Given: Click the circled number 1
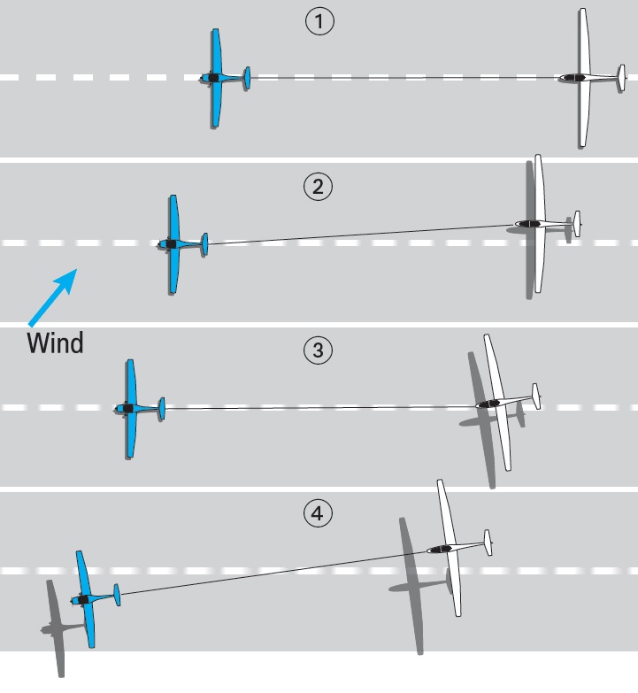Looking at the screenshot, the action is pyautogui.click(x=319, y=21).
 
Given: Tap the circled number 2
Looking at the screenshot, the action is pyautogui.click(x=319, y=187).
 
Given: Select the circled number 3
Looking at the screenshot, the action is pyautogui.click(x=319, y=350).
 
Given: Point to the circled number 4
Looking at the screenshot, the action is pyautogui.click(x=319, y=513).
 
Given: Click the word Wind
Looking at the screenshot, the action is pyautogui.click(x=55, y=343).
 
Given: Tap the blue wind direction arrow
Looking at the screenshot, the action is pyautogui.click(x=52, y=297).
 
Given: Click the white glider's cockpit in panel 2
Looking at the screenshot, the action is pyautogui.click(x=530, y=224).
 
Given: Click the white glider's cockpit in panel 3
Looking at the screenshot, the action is pyautogui.click(x=488, y=404).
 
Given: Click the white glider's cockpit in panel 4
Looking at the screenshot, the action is pyautogui.click(x=440, y=550).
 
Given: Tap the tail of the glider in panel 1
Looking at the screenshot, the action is pyautogui.click(x=622, y=78).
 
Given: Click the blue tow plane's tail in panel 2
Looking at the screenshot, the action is pyautogui.click(x=204, y=244).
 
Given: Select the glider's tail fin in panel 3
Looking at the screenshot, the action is pyautogui.click(x=536, y=397).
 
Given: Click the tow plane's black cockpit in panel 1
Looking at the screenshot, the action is pyautogui.click(x=213, y=78).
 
